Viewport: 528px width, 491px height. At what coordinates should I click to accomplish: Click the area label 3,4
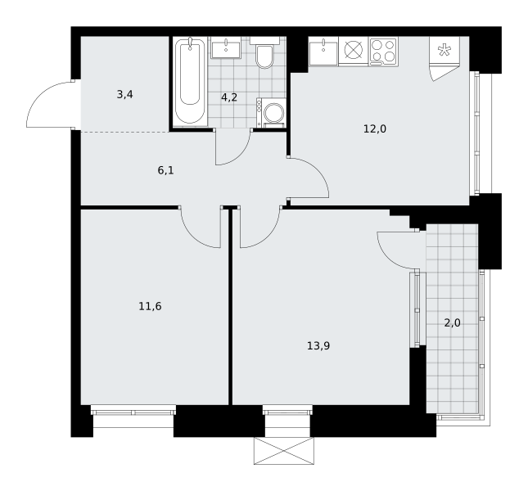tap(124, 95)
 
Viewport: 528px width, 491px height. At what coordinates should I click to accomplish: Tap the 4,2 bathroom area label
tap(229, 97)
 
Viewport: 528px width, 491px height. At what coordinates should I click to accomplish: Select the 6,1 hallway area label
tap(165, 170)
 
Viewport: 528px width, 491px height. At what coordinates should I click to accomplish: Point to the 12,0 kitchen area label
tap(375, 128)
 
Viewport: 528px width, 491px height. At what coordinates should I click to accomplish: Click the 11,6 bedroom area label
tap(150, 306)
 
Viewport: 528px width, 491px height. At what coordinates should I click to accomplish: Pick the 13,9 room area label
tap(318, 345)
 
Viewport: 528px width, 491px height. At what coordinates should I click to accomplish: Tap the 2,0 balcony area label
tap(452, 323)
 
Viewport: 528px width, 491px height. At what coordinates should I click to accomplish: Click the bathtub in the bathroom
tap(190, 82)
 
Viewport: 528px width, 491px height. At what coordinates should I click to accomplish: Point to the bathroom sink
tap(226, 48)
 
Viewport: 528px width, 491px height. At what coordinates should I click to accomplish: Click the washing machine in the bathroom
tap(271, 113)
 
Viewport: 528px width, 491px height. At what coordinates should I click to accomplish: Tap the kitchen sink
tap(323, 52)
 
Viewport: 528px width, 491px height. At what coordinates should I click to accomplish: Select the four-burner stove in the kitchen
tap(383, 52)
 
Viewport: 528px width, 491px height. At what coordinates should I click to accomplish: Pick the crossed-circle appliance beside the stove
tap(354, 52)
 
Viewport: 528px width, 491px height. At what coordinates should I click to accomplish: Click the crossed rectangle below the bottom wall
tap(284, 451)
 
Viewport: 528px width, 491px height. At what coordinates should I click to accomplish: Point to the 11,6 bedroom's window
tap(133, 412)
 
